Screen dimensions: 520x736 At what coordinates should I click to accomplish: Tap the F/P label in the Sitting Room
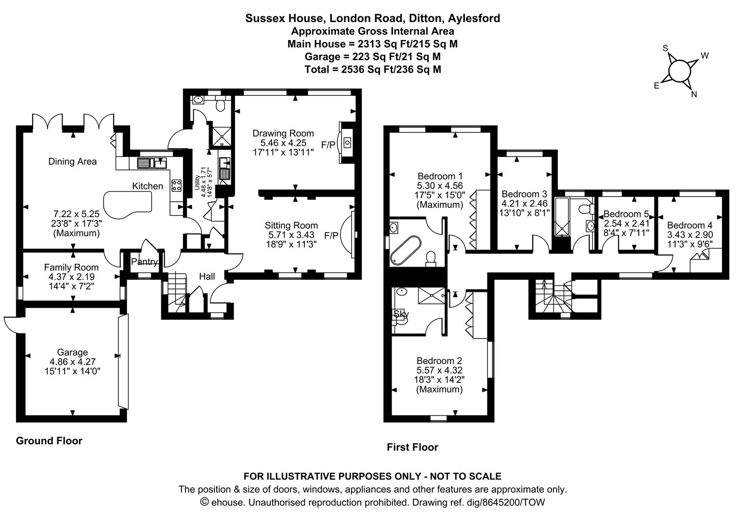tap(331, 235)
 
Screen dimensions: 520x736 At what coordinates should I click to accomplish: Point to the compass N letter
tap(694, 94)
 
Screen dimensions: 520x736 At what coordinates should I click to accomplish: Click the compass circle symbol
tap(679, 71)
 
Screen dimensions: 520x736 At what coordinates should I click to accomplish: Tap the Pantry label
tap(144, 262)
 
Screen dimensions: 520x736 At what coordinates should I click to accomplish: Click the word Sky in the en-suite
tap(401, 314)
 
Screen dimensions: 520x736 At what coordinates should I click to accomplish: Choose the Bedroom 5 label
tap(626, 214)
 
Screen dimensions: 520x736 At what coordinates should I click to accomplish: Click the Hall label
tap(207, 276)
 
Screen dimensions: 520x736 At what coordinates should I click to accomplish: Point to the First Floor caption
tap(412, 447)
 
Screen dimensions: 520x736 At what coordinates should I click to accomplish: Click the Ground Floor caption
tap(49, 441)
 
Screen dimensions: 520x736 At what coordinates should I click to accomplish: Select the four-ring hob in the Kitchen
tap(176, 185)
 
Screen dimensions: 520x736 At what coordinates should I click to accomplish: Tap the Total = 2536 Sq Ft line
tap(372, 69)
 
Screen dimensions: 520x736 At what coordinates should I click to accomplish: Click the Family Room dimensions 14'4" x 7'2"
tap(71, 286)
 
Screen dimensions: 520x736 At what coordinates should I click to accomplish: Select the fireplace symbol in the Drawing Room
tap(346, 143)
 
